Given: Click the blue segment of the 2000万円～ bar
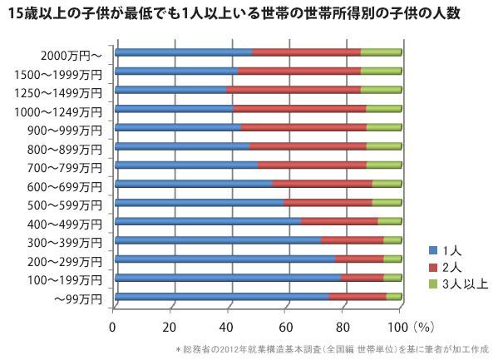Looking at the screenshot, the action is coord(184,52).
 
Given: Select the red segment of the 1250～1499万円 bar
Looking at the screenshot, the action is coord(293,90).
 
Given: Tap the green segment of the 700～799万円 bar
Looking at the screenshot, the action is coord(384,165).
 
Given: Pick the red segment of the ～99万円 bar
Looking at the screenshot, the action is coord(358,297).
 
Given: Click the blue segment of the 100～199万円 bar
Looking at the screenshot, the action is coord(228,278).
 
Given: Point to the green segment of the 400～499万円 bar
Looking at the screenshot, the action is coord(390,221).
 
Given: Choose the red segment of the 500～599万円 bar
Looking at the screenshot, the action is coord(328,203).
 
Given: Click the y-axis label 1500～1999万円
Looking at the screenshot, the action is coord(58,75).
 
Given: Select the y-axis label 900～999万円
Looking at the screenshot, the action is coord(65,131).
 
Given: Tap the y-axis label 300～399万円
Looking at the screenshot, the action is coord(65,243).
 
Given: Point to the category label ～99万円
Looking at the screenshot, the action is coord(78,299).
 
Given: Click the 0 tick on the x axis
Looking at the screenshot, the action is coord(112,328).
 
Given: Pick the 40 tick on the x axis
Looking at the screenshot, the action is coord(226,328).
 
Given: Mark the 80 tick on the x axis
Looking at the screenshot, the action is coord(343,328).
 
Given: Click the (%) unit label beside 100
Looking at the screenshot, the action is coord(423,328).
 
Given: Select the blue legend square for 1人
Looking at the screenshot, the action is coord(433,250).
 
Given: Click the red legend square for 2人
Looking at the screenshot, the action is coord(433,267).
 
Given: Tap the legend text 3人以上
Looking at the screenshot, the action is coord(465,284).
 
